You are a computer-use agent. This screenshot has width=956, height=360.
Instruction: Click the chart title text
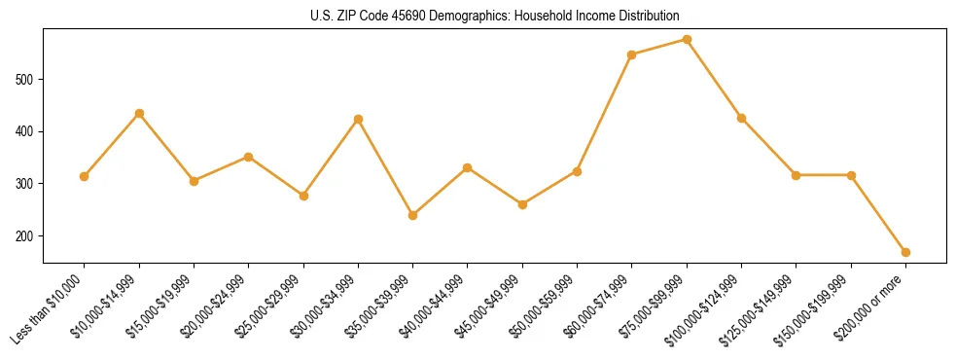[495, 17]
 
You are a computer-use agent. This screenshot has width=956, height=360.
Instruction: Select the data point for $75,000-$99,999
[687, 40]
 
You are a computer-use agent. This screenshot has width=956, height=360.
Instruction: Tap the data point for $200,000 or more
[905, 252]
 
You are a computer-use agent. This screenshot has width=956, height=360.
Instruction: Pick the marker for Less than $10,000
[85, 176]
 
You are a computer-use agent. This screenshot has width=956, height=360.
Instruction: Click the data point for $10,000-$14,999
[139, 113]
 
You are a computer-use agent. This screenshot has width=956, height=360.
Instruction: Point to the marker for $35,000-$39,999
[413, 215]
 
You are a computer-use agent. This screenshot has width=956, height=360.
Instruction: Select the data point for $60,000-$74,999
[632, 54]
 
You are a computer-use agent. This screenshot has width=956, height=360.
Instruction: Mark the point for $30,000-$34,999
[358, 119]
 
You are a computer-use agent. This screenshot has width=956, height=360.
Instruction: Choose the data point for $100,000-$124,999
[741, 118]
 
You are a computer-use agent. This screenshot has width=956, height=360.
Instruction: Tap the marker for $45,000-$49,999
[522, 204]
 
